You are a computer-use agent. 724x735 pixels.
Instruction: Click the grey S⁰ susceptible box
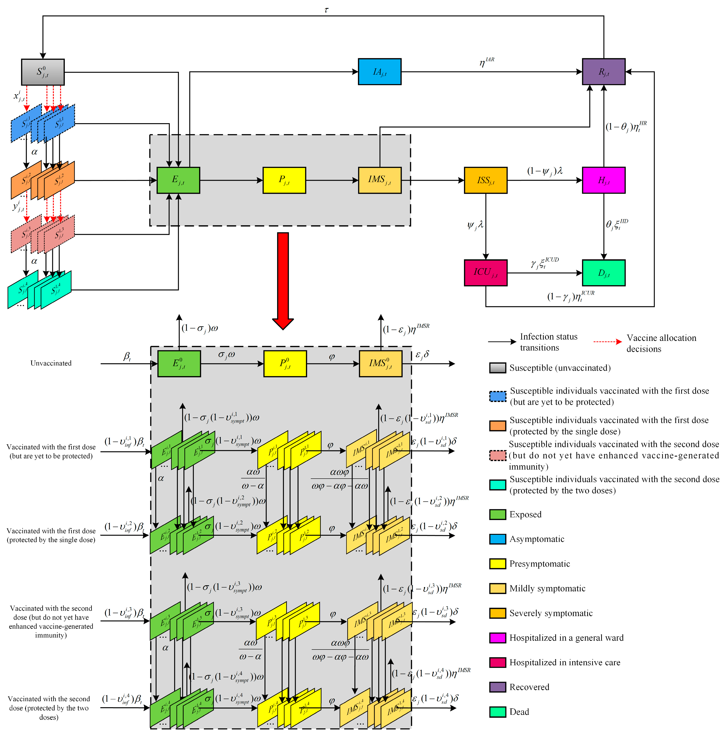(43, 72)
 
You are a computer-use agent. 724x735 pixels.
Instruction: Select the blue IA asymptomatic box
(379, 72)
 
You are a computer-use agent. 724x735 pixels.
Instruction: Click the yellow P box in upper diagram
(284, 180)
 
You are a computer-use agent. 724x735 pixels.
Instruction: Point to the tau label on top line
(326, 10)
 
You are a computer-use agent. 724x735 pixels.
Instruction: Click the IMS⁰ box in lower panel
(380, 363)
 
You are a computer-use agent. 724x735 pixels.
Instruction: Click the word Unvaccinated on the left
(51, 363)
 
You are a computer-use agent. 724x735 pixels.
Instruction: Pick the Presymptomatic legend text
(539, 563)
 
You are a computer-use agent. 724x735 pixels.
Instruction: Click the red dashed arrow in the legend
(607, 341)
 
